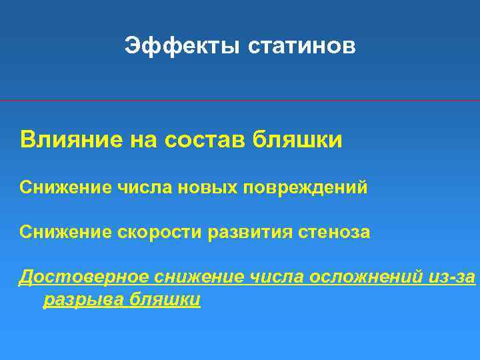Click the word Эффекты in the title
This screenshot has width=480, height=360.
(182, 46)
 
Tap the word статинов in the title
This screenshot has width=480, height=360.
(302, 46)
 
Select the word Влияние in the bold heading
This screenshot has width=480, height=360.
(67, 140)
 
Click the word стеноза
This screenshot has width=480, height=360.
(335, 232)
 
